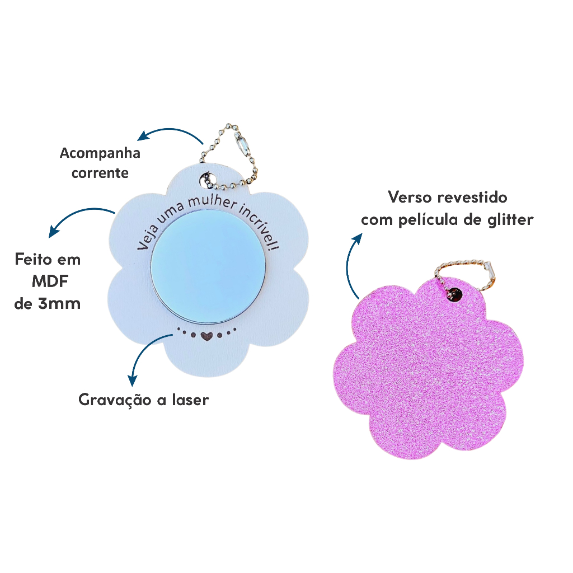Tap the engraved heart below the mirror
coord(206,336)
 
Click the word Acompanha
coord(100,153)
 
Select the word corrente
coord(100,172)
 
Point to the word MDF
coord(48,281)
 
